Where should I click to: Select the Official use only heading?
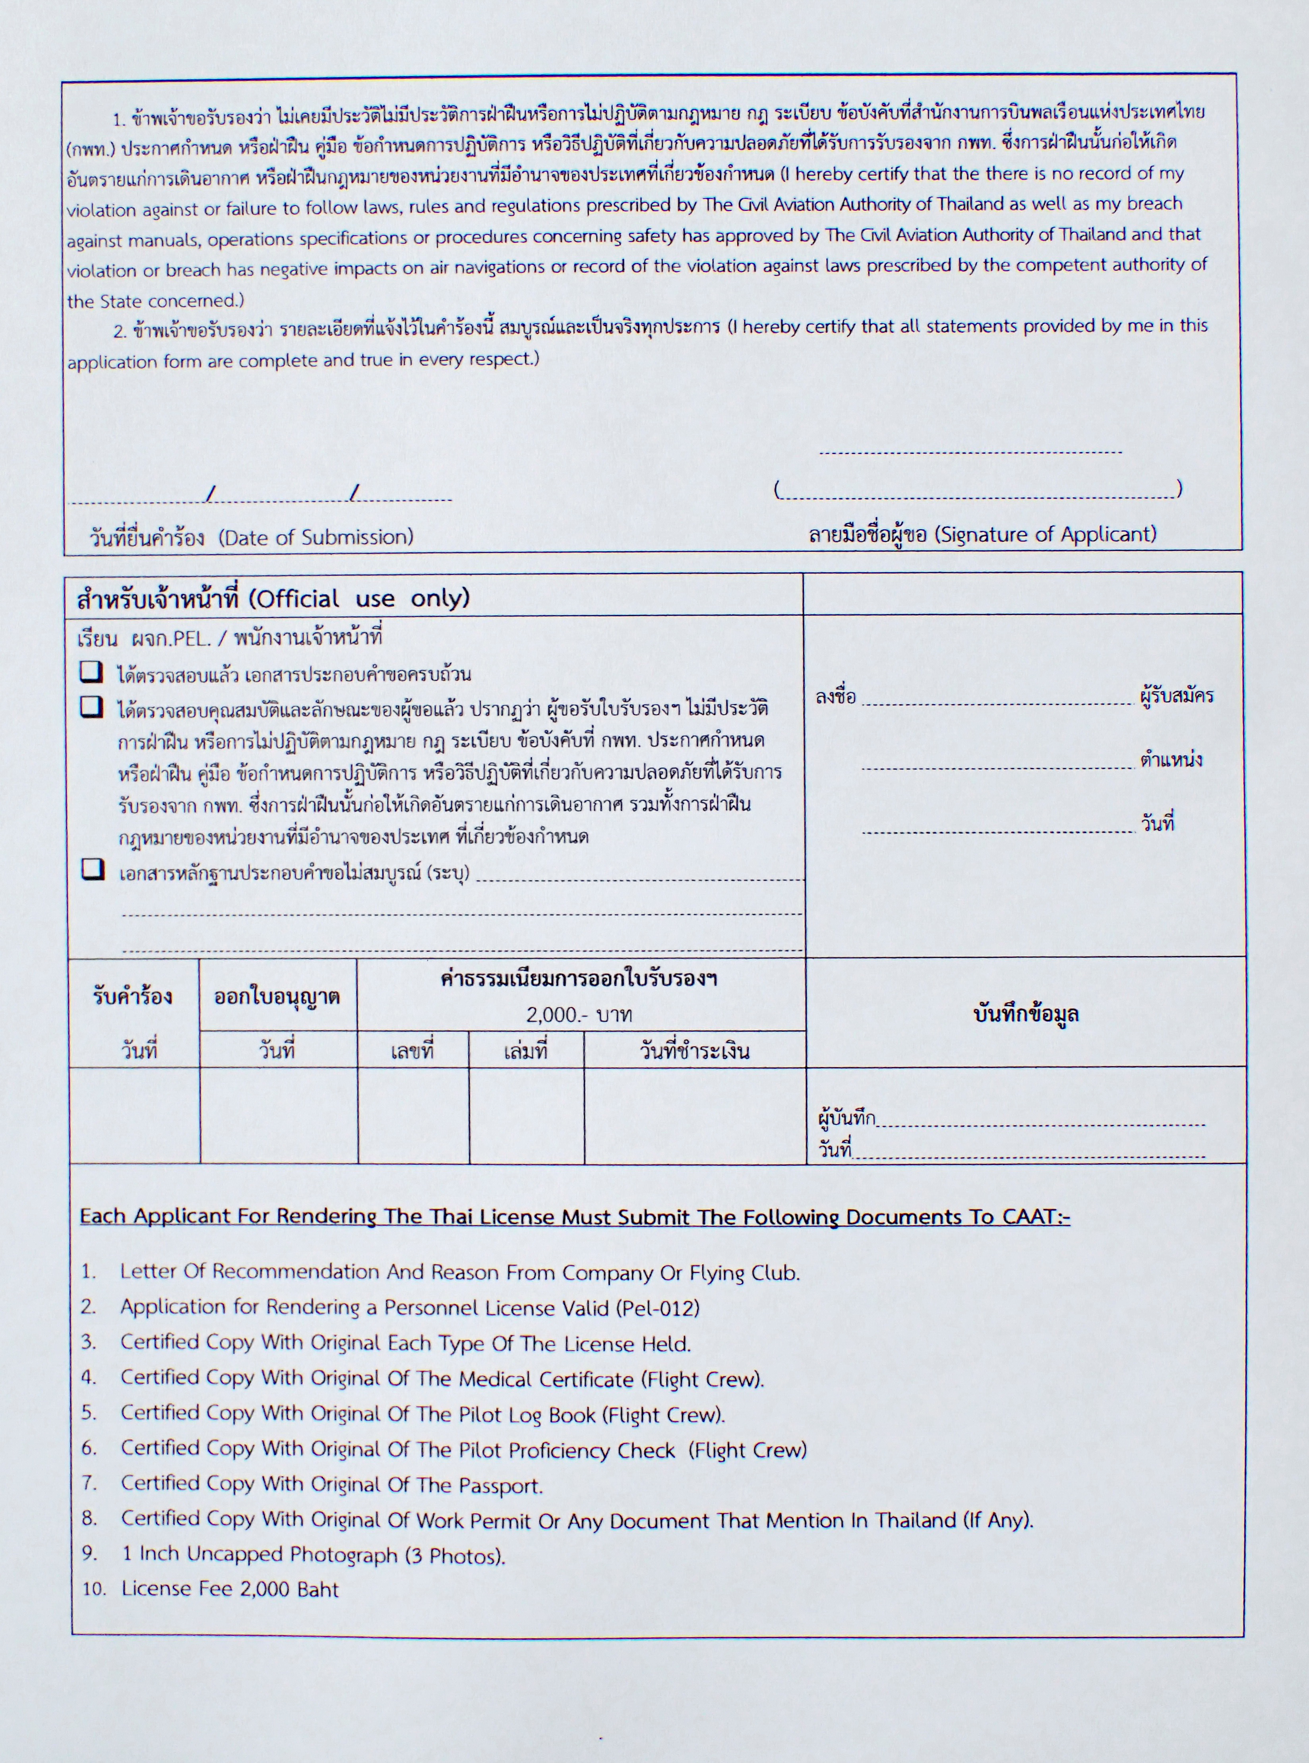point(359,598)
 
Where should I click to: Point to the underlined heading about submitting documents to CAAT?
point(575,1216)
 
